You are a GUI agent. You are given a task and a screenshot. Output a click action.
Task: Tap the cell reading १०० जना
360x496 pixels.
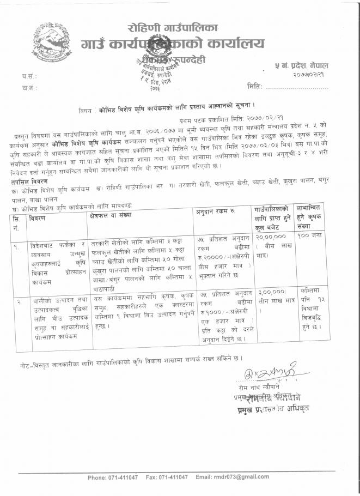tap(310, 238)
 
